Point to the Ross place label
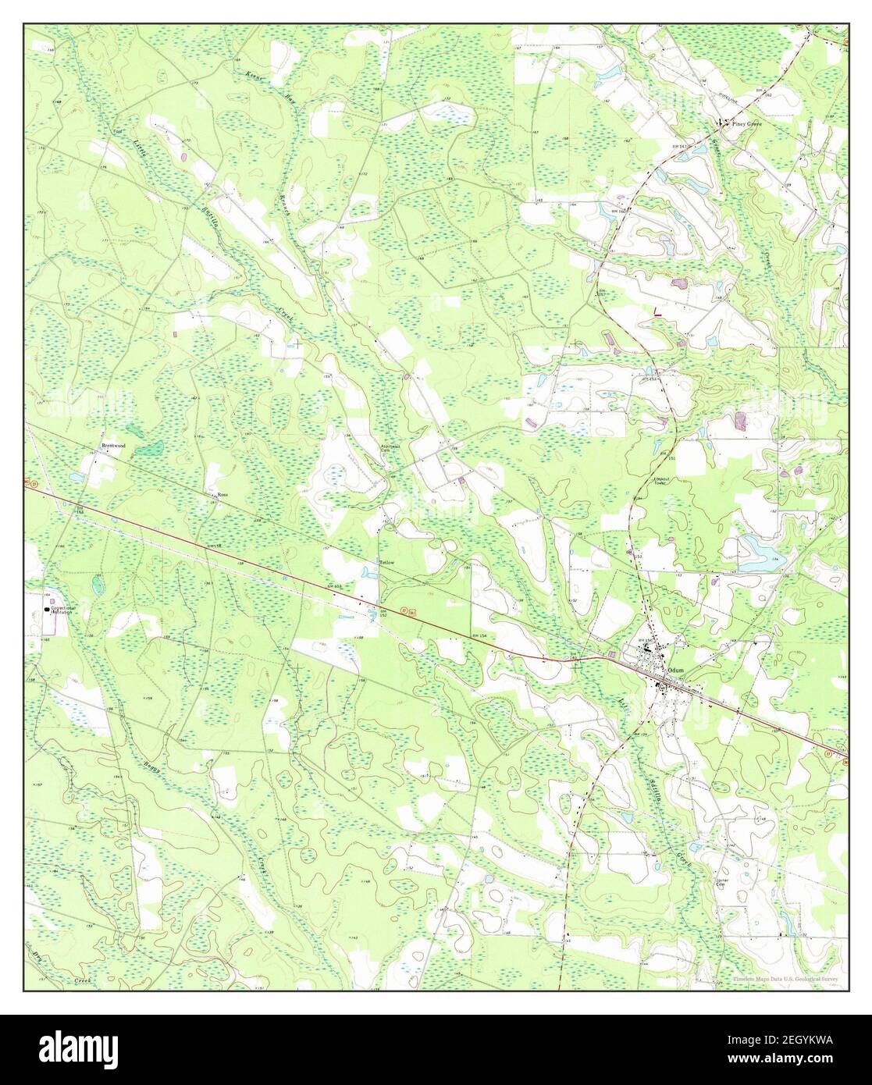point(222,494)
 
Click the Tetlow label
point(387,562)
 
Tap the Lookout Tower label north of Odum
point(661,481)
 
